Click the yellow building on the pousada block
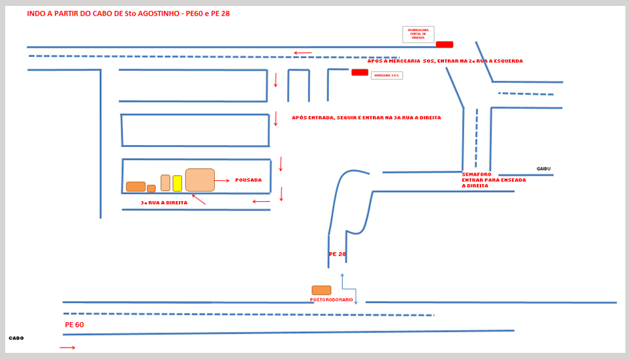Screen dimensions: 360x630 pyautogui.click(x=177, y=183)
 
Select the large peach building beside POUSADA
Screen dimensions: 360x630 pyautogui.click(x=200, y=180)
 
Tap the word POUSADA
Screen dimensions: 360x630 pyautogui.click(x=248, y=180)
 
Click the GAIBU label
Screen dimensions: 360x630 pyautogui.click(x=544, y=169)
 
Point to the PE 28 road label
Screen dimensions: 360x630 pyautogui.click(x=338, y=254)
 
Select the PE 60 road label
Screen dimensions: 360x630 pyautogui.click(x=74, y=325)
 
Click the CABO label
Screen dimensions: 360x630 pyautogui.click(x=16, y=338)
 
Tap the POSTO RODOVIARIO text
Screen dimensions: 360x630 pyautogui.click(x=332, y=300)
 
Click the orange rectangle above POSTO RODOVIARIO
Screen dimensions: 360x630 pyautogui.click(x=321, y=290)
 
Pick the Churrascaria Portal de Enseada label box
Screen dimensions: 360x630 pyautogui.click(x=418, y=35)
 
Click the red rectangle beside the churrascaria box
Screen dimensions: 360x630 pyautogui.click(x=445, y=44)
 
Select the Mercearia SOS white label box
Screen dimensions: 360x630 pyautogui.click(x=386, y=76)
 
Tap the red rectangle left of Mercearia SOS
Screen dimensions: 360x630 pyautogui.click(x=360, y=72)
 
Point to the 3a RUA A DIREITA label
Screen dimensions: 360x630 pyautogui.click(x=164, y=203)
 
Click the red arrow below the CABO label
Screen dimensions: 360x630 pyautogui.click(x=67, y=348)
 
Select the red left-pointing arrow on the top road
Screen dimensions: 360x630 pyautogui.click(x=302, y=53)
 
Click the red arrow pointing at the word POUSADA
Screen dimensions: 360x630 pyautogui.click(x=222, y=180)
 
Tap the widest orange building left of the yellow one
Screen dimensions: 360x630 pyautogui.click(x=136, y=186)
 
